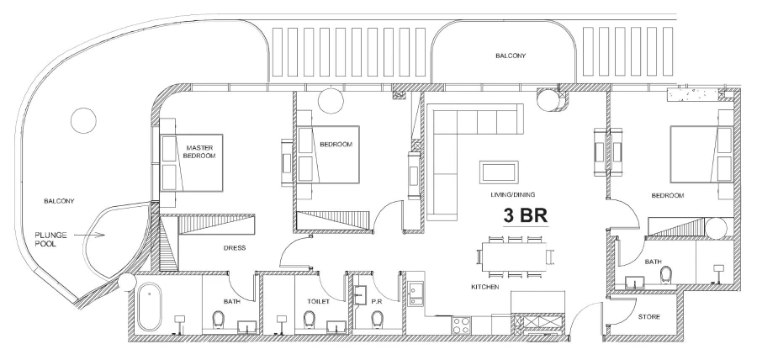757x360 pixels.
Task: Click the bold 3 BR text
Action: pyautogui.click(x=526, y=215)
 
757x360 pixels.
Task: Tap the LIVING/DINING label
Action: pyautogui.click(x=513, y=194)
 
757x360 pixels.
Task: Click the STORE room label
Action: pyautogui.click(x=648, y=318)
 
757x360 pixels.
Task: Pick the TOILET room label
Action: pyautogui.click(x=305, y=300)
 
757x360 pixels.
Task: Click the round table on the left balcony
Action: pyautogui.click(x=83, y=120)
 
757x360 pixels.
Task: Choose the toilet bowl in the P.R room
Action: pyautogui.click(x=376, y=319)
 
